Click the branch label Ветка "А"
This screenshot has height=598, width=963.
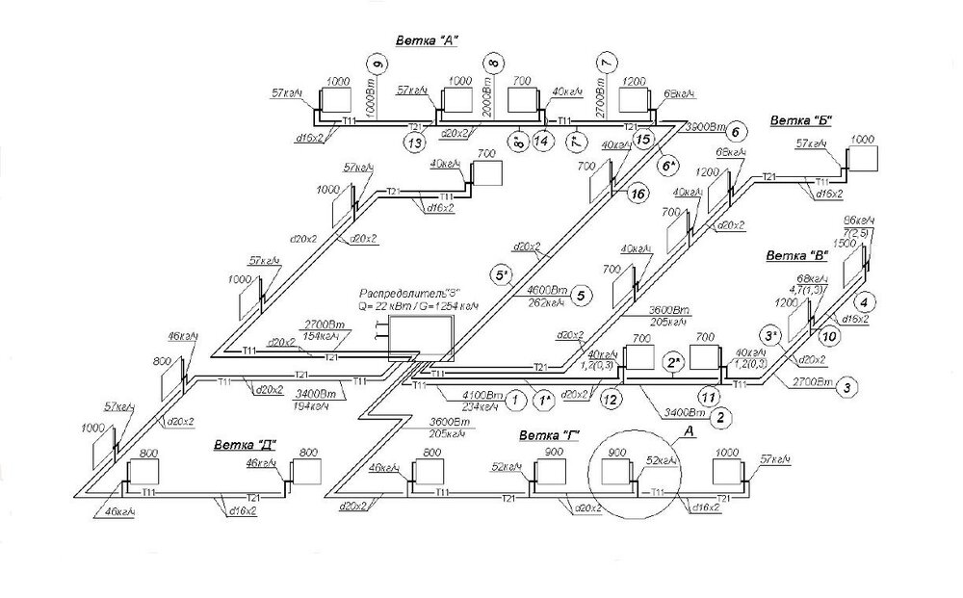(426, 40)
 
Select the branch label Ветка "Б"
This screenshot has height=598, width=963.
(800, 120)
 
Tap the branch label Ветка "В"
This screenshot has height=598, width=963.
(795, 255)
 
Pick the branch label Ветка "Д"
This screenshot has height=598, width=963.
(245, 445)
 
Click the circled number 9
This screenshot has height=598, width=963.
(377, 64)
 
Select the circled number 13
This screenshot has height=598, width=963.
(414, 143)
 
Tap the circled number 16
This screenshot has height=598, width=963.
(636, 194)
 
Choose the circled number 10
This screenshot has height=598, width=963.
(828, 335)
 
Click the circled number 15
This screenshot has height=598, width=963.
(643, 140)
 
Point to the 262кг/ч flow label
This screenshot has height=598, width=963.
(545, 300)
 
